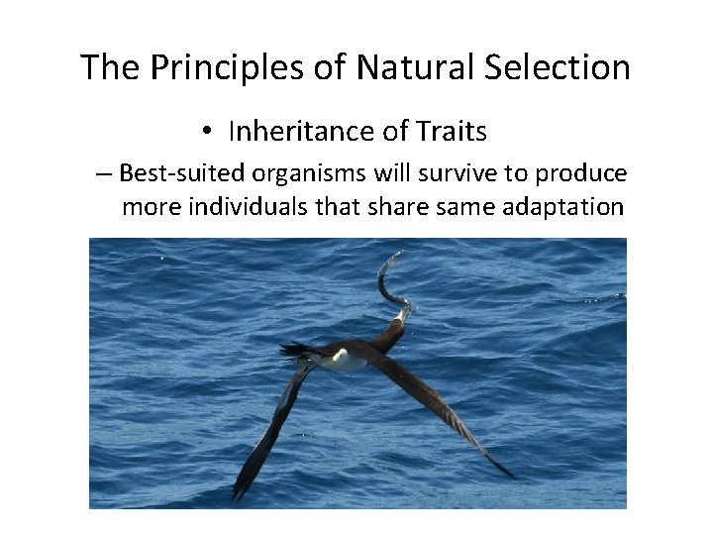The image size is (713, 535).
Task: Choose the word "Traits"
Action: click(451, 131)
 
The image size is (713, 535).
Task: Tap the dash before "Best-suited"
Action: click(104, 174)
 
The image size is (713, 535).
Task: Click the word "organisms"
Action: click(305, 173)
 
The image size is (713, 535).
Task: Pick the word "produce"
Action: click(581, 173)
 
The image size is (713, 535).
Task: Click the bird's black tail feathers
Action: click(294, 349)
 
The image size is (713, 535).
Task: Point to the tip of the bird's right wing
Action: click(510, 475)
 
